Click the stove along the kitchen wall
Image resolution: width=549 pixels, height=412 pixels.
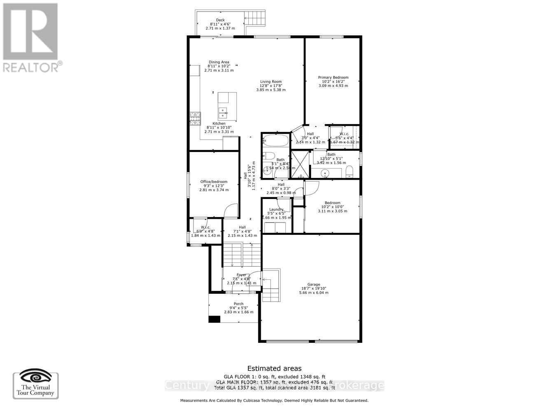(x=194, y=119)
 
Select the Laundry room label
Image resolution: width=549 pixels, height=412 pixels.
(x=276, y=210)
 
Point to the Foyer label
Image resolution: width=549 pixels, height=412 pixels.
(x=241, y=275)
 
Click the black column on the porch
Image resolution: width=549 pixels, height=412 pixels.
(x=214, y=319)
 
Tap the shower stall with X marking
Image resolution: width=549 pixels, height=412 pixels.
(x=299, y=164)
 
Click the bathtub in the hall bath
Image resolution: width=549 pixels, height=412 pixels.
(x=275, y=141)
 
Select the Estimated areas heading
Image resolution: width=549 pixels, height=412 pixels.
(x=274, y=368)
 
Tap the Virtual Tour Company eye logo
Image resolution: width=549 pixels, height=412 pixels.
(x=36, y=377)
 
